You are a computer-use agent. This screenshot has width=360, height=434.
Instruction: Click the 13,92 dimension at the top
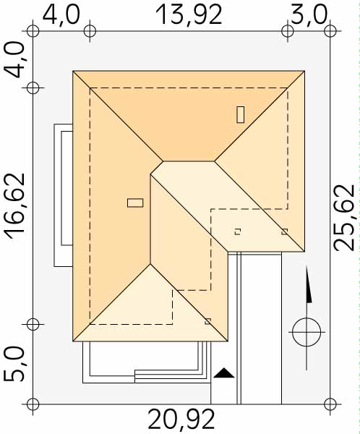pyautogui.click(x=189, y=15)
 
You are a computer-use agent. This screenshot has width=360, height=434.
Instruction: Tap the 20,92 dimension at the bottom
pyautogui.click(x=181, y=420)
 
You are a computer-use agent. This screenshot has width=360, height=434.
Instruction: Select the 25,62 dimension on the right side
pyautogui.click(x=344, y=217)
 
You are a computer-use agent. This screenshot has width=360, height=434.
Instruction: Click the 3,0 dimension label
pyautogui.click(x=309, y=14)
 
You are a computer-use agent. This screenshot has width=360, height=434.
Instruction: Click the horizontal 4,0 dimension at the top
pyautogui.click(x=61, y=14)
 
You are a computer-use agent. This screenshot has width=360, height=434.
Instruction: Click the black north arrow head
pyautogui.click(x=308, y=284)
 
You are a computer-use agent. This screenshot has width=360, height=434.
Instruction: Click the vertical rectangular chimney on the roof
pyautogui.click(x=241, y=114)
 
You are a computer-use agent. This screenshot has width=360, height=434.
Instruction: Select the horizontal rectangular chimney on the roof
pyautogui.click(x=135, y=203)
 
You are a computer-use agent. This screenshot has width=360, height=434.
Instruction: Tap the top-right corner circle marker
pyautogui.click(x=330, y=30)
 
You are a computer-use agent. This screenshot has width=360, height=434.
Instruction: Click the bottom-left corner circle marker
pyautogui.click(x=33, y=404)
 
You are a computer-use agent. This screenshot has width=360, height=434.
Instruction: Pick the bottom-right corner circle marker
pyautogui.click(x=330, y=404)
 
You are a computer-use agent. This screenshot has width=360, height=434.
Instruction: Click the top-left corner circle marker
pyautogui.click(x=33, y=30)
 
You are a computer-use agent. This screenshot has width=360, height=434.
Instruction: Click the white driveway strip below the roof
pyautogui.click(x=261, y=328)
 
